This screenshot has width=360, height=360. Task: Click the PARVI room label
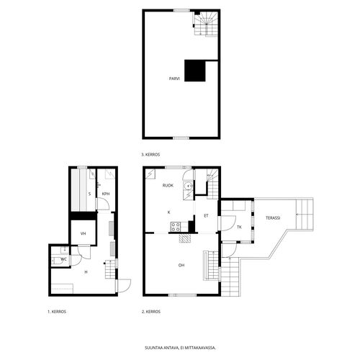174,78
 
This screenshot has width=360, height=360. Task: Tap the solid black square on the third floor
195,71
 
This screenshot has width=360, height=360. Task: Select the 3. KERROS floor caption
150,155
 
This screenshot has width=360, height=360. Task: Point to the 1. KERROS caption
57,312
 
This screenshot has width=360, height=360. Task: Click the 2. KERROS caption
151,312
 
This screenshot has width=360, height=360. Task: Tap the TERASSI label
273,218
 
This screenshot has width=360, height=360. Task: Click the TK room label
239,227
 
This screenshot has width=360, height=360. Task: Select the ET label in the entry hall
206,216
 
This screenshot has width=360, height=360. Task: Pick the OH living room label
181,265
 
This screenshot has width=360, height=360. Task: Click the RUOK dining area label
168,185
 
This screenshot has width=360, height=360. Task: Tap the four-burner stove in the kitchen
176,227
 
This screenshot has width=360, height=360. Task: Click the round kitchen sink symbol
188,186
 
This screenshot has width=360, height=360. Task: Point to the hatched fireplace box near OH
185,238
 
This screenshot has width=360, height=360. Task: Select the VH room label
84,233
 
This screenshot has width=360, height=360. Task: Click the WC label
63,259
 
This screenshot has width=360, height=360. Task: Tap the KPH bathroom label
106,194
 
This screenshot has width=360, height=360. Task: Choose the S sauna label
89,194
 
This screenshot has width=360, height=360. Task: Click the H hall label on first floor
86,272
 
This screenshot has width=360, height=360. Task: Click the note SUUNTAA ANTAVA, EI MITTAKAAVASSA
180,348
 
